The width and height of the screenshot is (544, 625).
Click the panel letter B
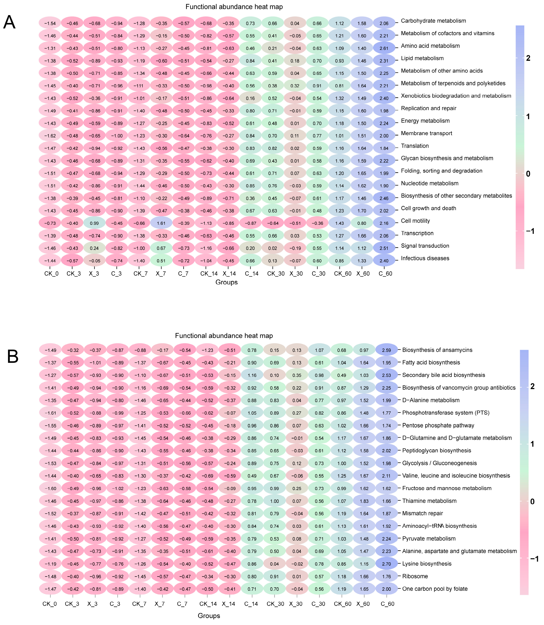coord(13,357)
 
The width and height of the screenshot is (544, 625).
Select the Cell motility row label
coord(415,221)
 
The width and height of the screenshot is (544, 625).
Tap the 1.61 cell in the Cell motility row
coord(161,223)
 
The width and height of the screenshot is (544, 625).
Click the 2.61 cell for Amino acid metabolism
coord(384,48)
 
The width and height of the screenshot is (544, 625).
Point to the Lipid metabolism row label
coord(422,58)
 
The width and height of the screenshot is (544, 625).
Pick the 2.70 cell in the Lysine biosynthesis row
coord(386,564)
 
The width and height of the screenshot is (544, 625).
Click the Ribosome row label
coord(415,576)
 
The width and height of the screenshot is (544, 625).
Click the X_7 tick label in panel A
coord(161,274)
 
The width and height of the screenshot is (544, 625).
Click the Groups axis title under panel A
coord(226,282)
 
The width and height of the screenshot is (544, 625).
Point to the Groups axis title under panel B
coord(209,616)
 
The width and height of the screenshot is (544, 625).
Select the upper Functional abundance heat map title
coord(234,7)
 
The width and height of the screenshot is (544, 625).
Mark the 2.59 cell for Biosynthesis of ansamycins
coord(386,350)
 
